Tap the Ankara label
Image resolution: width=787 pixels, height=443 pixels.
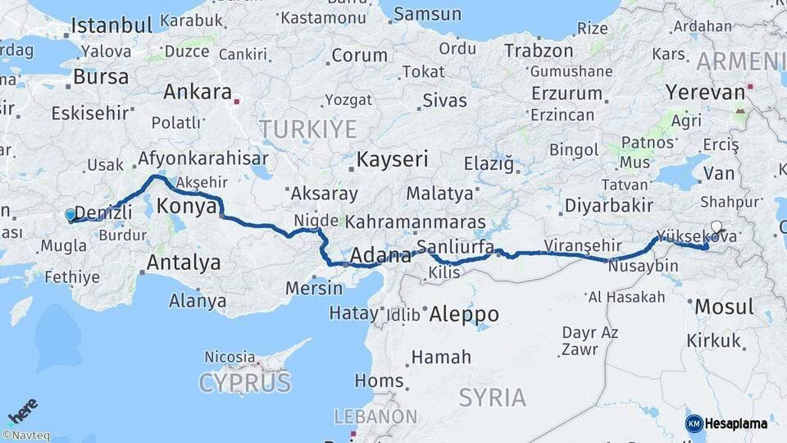click(x=197, y=92)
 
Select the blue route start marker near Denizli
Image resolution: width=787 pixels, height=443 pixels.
click(x=71, y=215)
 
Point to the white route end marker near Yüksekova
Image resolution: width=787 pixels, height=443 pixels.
click(x=716, y=227)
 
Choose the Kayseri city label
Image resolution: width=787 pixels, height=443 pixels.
click(x=392, y=159)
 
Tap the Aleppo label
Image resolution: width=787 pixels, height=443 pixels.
click(x=463, y=314)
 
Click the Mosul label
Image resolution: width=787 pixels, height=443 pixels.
click(x=724, y=308)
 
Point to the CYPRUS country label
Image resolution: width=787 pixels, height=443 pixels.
click(x=244, y=382)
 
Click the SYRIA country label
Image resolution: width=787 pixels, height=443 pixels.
click(x=492, y=398)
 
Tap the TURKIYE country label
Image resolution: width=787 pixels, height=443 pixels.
click(x=308, y=129)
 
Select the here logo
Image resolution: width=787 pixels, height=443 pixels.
click(x=22, y=410)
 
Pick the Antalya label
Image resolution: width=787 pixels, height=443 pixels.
click(x=184, y=263)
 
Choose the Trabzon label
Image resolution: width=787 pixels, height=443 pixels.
click(x=539, y=52)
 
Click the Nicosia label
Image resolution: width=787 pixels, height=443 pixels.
click(x=230, y=357)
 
